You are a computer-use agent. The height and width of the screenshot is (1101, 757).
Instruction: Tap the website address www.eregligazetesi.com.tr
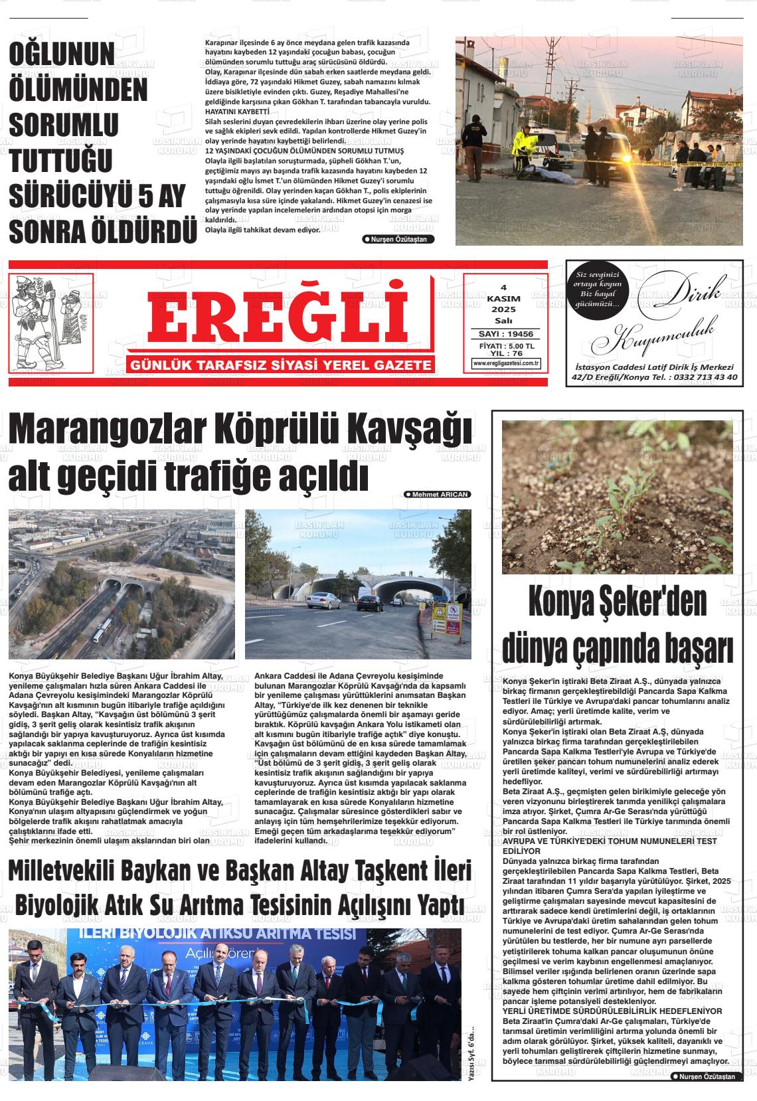pyautogui.click(x=506, y=363)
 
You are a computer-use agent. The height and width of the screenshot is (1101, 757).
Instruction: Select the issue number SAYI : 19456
pyautogui.click(x=506, y=334)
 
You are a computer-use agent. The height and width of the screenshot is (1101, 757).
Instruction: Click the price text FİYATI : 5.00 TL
pyautogui.click(x=506, y=346)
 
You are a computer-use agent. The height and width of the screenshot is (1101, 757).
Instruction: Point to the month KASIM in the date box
pyautogui.click(x=503, y=299)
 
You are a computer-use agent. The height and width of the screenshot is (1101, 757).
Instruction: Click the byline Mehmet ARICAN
pyautogui.click(x=438, y=495)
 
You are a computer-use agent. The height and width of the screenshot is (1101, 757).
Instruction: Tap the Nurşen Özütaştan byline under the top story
pyautogui.click(x=399, y=239)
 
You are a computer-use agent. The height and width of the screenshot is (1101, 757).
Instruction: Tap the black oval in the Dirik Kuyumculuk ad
pyautogui.click(x=598, y=290)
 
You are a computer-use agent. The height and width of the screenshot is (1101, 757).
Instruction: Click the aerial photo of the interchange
pyautogui.click(x=122, y=584)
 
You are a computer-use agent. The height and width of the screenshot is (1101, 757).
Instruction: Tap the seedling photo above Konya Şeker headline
pyautogui.click(x=617, y=497)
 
